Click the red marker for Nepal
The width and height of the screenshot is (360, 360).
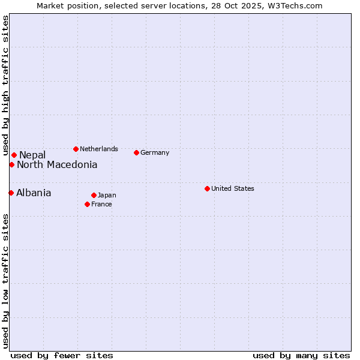coord(14,155)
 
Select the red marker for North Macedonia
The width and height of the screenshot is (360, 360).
coord(11,164)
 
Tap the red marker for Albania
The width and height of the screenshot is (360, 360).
coord(11,193)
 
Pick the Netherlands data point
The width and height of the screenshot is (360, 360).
coord(76,149)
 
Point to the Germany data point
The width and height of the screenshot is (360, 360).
coord(136,152)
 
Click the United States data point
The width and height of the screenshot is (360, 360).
coord(207,188)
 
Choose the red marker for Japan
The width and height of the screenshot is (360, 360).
coord(94,195)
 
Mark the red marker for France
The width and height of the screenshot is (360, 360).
coord(87,204)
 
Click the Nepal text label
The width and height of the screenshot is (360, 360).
coord(32,155)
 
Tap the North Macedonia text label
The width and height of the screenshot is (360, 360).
coord(57,165)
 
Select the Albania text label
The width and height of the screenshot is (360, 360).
coord(34,193)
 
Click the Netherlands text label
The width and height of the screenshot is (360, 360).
coord(99,149)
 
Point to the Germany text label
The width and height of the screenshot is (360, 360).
coord(155,152)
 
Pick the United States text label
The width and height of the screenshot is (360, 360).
coord(233,188)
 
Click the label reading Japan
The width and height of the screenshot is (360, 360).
coord(107,195)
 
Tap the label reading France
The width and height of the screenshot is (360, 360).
coord(101,204)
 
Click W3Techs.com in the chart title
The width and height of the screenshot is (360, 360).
coord(293,5)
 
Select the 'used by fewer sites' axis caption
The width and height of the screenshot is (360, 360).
coord(62,355)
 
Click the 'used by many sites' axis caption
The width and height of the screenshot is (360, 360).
coord(301,355)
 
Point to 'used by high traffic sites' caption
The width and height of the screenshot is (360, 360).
coord(5,84)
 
